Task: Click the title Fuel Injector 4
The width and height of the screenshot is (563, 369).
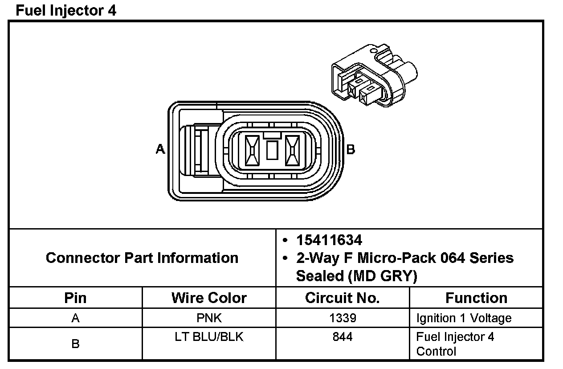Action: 66,11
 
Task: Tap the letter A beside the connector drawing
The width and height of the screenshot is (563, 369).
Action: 160,149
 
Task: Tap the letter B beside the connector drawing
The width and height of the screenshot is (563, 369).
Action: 351,149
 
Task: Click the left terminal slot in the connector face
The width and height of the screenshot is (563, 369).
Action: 252,151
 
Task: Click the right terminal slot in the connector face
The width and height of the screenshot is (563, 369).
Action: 292,151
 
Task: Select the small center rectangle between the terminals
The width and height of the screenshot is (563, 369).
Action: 272,150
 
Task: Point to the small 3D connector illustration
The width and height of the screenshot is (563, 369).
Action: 374,75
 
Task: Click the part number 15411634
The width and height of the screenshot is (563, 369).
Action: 329,240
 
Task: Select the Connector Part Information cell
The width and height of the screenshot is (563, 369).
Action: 142,258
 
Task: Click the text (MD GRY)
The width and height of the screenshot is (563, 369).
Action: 382,276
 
